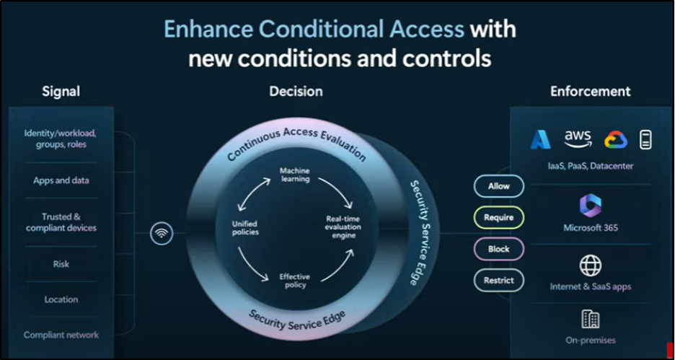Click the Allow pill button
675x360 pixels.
pos(499,186)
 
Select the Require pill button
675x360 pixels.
pos(499,217)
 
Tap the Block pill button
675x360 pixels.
pos(499,249)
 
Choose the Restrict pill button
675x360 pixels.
pos(499,281)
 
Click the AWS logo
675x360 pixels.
pos(578,139)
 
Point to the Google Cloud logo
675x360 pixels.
pos(616,140)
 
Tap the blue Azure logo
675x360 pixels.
pos(541,139)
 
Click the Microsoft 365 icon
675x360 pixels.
pos(590,205)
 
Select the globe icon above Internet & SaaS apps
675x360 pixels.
pos(590,265)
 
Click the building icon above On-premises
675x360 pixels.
pos(590,319)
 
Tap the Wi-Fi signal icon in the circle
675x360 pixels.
pos(162,234)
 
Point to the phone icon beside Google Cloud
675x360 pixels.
pos(645,140)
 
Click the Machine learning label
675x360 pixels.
pos(295,175)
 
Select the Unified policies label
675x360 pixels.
pos(245,228)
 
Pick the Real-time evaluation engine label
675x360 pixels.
pos(343,227)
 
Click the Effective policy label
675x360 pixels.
pos(295,281)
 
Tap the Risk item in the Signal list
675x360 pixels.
pos(61,264)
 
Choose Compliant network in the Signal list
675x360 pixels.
pos(61,335)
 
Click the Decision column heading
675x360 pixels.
pos(296,92)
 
